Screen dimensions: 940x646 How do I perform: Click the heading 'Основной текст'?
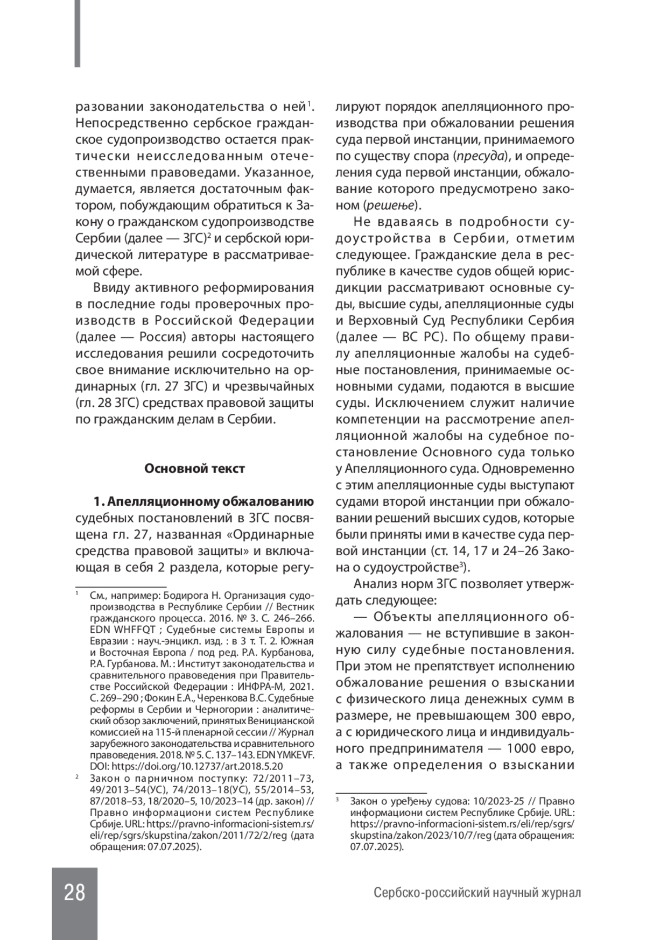pos(194,469)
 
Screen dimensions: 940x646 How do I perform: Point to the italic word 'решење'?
pos(390,206)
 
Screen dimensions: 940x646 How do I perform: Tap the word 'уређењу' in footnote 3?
pos(410,801)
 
